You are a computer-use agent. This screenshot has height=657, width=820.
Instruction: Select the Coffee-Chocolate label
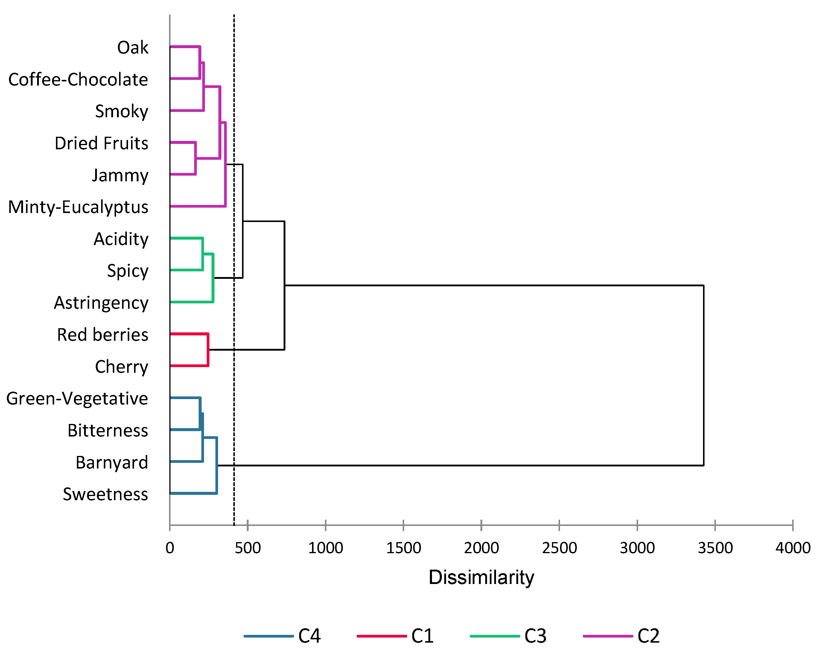(x=78, y=80)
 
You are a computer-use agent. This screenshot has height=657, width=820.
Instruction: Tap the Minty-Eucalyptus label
(x=78, y=207)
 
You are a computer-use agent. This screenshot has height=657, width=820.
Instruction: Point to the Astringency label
(x=101, y=303)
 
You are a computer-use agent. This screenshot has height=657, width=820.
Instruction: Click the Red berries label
(x=102, y=335)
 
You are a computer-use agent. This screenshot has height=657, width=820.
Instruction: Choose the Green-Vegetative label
(x=77, y=399)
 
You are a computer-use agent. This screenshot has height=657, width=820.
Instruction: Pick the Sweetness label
(x=105, y=495)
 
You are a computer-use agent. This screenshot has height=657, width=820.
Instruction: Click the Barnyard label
(x=112, y=463)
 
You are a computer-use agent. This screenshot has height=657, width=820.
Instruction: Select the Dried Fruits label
(x=101, y=143)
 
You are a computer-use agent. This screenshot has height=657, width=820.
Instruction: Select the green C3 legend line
(x=495, y=636)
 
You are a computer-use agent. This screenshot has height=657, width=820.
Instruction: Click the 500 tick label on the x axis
(x=248, y=548)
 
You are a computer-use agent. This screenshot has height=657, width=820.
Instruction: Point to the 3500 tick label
(x=715, y=548)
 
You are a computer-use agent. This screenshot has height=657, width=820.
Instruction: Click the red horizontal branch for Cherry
(x=189, y=366)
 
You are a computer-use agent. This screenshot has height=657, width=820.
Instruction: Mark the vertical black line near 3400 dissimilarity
(x=704, y=375)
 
